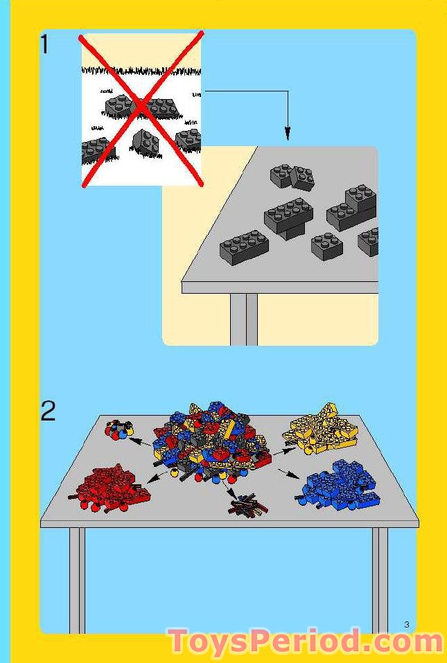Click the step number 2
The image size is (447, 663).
[x=48, y=412]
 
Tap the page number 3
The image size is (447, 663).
[x=407, y=625]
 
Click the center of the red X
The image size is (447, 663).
[x=142, y=108]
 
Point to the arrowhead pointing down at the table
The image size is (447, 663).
[x=288, y=133]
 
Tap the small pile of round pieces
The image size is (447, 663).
[x=118, y=430]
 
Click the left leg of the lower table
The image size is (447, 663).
[x=77, y=578]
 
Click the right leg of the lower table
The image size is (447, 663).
[x=380, y=578]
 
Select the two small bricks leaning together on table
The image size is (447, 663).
[x=292, y=177]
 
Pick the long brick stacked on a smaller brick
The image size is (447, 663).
[x=288, y=216]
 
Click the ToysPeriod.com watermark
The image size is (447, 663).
[x=305, y=642]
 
